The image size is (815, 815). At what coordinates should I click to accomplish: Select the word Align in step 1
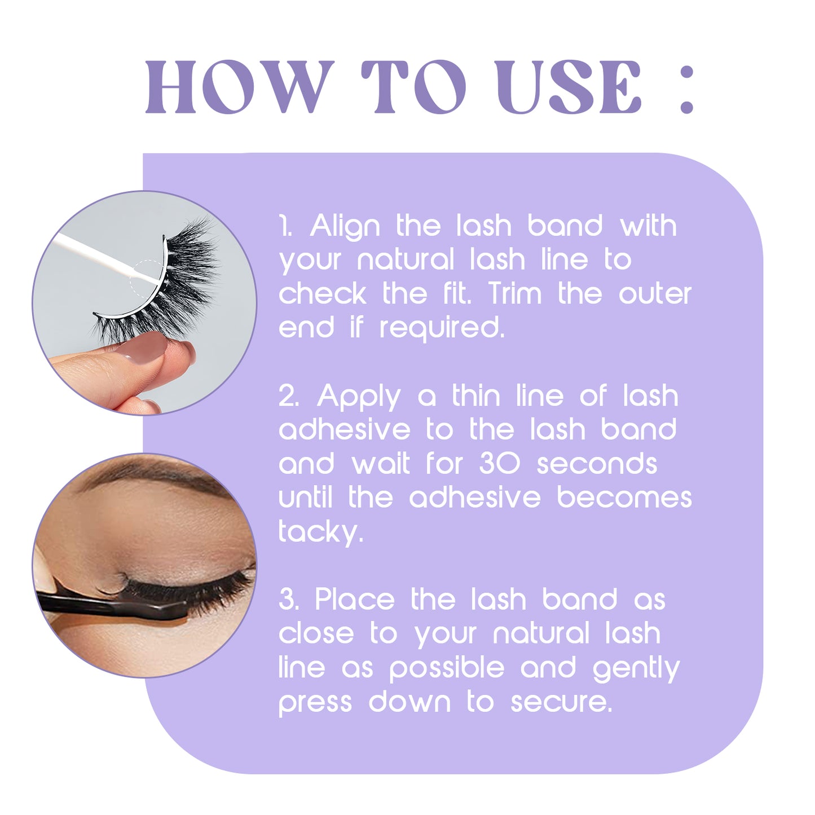345,227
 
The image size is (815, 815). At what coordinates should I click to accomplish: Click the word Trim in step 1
514,294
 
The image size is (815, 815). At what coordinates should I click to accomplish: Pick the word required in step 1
441,329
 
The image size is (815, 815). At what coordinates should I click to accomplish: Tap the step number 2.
288,396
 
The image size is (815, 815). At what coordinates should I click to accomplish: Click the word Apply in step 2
359,397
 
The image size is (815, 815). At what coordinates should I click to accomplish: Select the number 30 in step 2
499,464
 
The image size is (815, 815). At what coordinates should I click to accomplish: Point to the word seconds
597,464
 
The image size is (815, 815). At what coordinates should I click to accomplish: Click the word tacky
320,532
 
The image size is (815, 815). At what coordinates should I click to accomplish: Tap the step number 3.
288,600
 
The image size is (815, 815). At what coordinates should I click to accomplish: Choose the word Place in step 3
354,600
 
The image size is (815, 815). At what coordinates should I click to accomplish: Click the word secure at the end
561,702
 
